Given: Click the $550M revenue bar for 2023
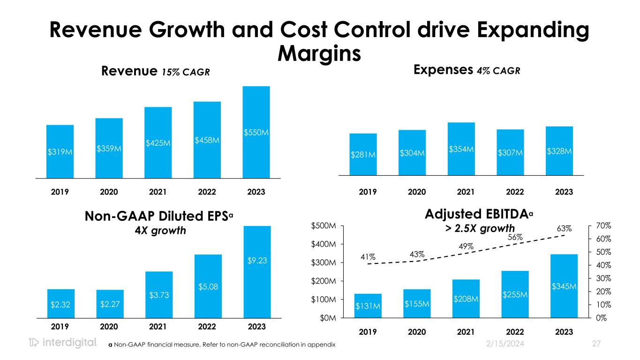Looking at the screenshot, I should pyautogui.click(x=256, y=132).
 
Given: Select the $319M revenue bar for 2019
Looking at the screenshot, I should pyautogui.click(x=60, y=151).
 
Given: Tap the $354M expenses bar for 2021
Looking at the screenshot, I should pyautogui.click(x=461, y=149).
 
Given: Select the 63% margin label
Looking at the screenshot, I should pyautogui.click(x=565, y=228).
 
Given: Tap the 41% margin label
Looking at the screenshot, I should pyautogui.click(x=368, y=256).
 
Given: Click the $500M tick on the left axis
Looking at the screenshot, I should pyautogui.click(x=324, y=226).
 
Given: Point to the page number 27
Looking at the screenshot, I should pyautogui.click(x=596, y=344).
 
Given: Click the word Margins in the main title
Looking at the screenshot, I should pyautogui.click(x=319, y=53).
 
